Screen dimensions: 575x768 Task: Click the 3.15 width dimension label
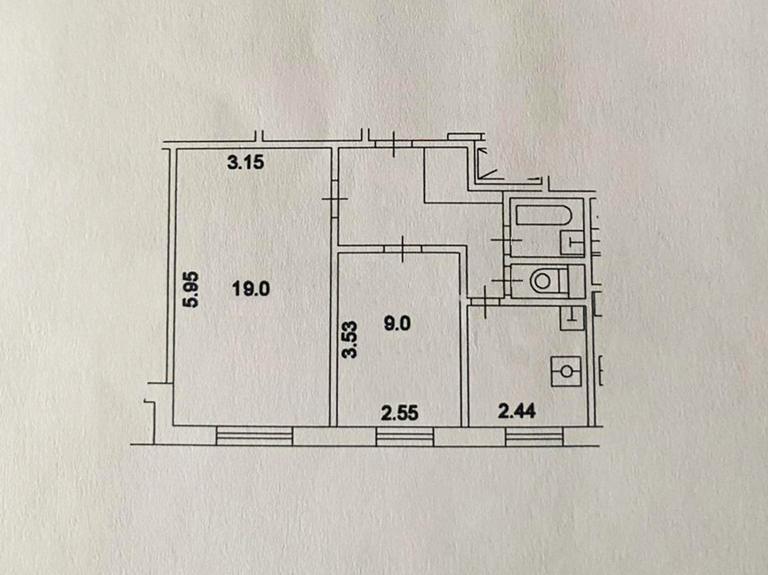pos(246,163)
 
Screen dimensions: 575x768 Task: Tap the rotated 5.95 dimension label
pos(191,289)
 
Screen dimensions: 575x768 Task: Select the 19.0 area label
pos(252,289)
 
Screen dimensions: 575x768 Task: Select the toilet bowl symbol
pos(543,280)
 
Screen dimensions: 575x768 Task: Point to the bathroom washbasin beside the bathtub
pos(572,242)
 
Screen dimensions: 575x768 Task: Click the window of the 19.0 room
pos(254,436)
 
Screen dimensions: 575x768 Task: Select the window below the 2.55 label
pos(404,437)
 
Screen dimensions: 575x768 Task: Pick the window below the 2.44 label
pos(534,437)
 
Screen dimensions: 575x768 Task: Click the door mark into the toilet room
pos(505,280)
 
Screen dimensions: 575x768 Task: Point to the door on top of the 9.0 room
pos(402,248)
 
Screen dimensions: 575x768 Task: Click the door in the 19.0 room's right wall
pos(333,200)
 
